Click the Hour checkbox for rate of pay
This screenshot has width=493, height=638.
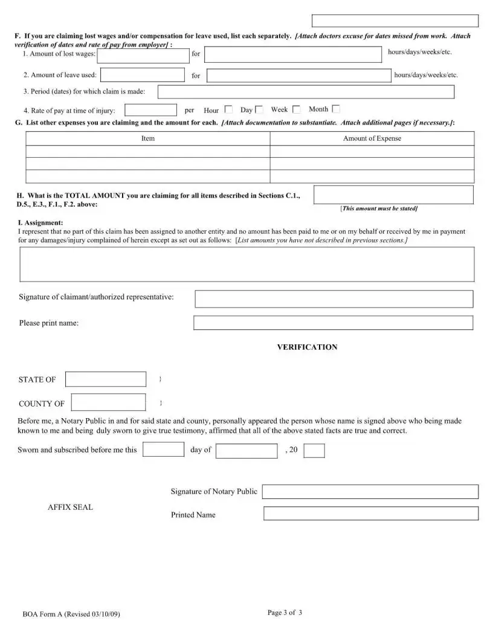coord(228,109)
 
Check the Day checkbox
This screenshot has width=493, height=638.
coord(259,109)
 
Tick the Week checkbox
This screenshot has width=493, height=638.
coord(297,109)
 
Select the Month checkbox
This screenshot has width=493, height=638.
coord(336,109)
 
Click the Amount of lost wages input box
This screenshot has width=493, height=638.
coord(143,56)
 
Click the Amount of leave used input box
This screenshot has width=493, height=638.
coord(143,75)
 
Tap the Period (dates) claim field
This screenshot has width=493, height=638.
coord(306,92)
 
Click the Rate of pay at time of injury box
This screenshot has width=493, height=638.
coord(150,110)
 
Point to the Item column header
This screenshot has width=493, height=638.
coord(148,138)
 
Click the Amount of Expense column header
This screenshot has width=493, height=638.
coord(372,138)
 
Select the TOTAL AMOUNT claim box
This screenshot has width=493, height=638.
coord(394,195)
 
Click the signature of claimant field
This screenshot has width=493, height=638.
coord(333,298)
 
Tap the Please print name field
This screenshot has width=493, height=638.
coord(333,323)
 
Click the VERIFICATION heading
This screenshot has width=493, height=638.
coord(307,347)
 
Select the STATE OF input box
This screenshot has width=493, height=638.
coord(106,379)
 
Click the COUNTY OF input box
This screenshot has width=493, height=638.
coord(109,402)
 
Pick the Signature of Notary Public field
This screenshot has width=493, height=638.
coord(370,491)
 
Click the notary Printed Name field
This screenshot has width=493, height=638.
coord(370,514)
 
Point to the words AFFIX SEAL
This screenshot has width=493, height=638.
coord(71,507)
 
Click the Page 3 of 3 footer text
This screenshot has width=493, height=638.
coord(285,613)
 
